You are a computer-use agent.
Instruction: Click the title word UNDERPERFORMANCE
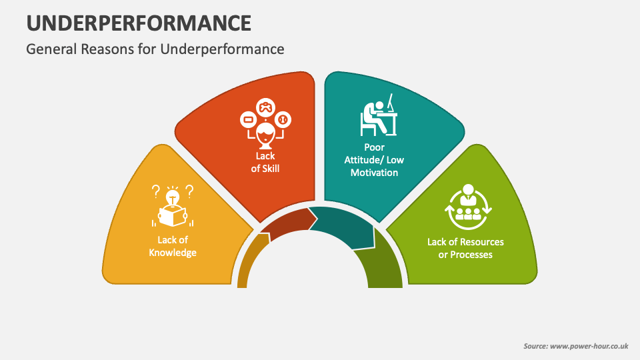coord(139,23)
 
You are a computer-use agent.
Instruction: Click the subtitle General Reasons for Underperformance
coord(155,49)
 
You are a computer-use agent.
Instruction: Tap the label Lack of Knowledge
coord(173,247)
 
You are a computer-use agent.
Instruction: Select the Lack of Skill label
coord(265,163)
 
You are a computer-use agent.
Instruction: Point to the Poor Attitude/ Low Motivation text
coord(374,159)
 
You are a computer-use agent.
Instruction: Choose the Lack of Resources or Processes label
coord(465,248)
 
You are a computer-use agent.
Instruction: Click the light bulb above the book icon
coord(173,197)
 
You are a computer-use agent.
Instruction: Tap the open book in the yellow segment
coord(173,215)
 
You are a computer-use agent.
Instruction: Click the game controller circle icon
coord(265,107)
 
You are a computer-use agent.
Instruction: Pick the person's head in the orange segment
coord(265,131)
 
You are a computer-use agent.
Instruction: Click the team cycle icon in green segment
coord(467,203)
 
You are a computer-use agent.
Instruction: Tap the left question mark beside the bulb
coord(156,192)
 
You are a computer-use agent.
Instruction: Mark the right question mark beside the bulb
coord(189,192)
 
